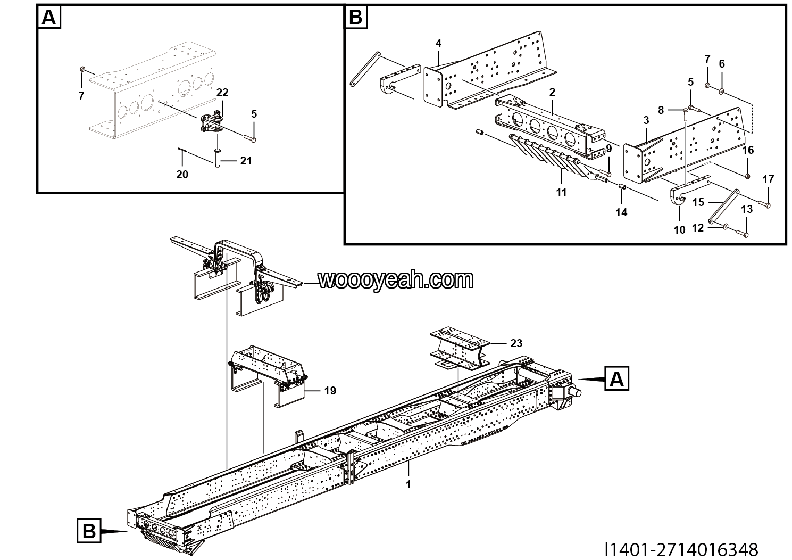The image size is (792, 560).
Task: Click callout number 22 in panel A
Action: coord(222,93)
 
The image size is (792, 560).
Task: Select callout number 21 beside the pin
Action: coord(245,160)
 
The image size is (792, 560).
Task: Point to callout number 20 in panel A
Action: coord(182,174)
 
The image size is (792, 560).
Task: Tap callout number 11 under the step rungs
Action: coord(562,192)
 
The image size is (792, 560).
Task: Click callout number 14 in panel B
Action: coord(621,212)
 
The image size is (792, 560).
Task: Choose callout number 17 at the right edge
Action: coord(768,179)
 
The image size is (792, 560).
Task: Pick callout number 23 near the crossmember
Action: coord(516,343)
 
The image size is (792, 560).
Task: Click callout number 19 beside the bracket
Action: coord(330,391)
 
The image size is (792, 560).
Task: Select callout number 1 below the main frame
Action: coord(408,484)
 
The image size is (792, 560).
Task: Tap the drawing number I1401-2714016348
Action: coord(681,549)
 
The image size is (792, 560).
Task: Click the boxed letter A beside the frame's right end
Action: coord(616,380)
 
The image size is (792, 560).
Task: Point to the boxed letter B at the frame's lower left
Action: coord(88,531)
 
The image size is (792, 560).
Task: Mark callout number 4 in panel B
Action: coord(438,43)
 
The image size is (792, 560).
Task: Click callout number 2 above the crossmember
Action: coord(552,92)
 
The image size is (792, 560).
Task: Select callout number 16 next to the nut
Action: coord(748,150)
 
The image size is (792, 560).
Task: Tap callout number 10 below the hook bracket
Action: coord(679,230)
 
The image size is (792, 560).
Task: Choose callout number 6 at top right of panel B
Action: coord(722,64)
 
